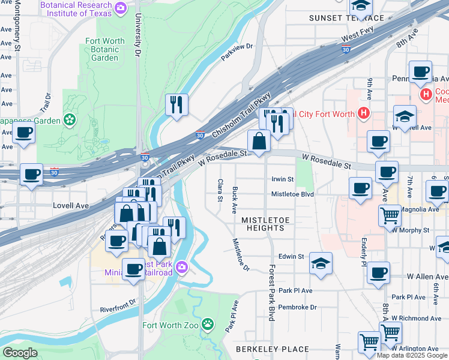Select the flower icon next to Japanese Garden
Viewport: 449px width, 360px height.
pos(70,119)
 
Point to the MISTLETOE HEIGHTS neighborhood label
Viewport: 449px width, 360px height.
pos(263,224)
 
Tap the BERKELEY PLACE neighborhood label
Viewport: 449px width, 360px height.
pos(272,349)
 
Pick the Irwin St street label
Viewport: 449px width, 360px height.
pos(282,179)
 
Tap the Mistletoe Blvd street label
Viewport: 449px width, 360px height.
pos(292,194)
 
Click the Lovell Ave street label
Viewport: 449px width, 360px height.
pos(70,205)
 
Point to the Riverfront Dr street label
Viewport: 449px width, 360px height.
pos(120,310)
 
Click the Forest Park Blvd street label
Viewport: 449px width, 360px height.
pos(272,292)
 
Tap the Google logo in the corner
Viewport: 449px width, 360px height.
pos(20,353)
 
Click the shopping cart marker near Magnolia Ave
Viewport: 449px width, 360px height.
pos(390,215)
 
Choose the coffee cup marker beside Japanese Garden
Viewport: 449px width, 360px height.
pos(24,133)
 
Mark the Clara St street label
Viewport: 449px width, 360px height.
pos(220,190)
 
